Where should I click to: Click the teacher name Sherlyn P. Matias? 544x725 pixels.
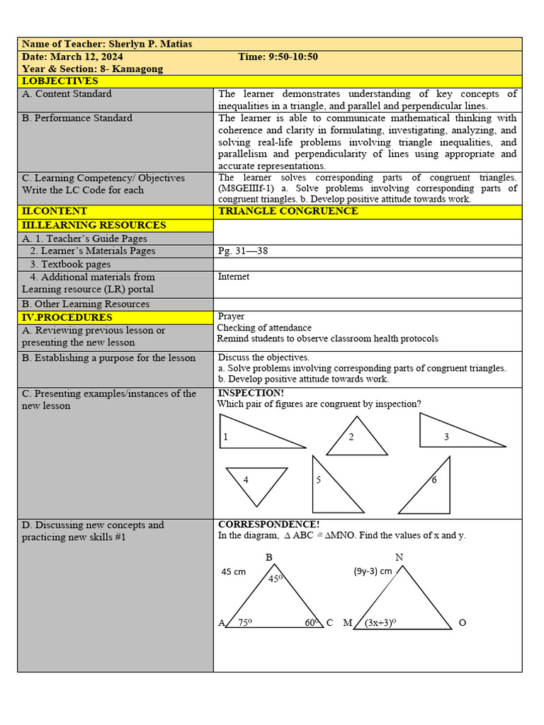coord(150,44)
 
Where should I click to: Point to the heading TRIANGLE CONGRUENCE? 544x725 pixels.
coord(288,211)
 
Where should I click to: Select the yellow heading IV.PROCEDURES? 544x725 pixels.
coord(67,317)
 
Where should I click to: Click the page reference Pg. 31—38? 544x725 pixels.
coord(244,251)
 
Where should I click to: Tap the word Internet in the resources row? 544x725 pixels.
coord(234,277)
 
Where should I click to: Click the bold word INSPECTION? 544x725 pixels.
coord(251,393)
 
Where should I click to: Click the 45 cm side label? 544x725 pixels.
coord(234,571)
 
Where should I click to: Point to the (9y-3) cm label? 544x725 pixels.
coord(373,571)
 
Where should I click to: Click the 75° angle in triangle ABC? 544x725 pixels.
coord(245,622)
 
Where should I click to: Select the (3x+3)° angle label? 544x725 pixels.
coord(380,623)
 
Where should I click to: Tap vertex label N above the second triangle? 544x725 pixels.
coord(399,557)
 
